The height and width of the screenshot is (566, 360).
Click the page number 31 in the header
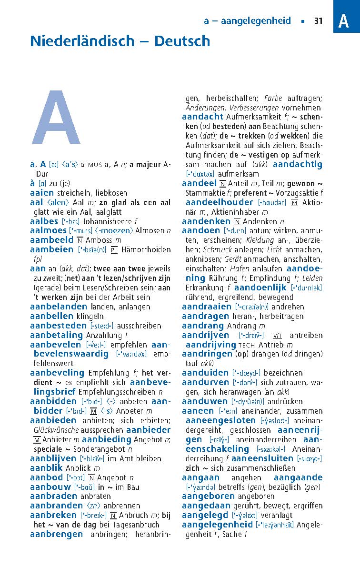point(319,21)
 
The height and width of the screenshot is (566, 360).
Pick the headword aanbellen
point(52,316)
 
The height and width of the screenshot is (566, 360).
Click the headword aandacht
point(202,117)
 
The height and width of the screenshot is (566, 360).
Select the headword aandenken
point(206,221)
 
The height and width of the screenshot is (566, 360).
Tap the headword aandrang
point(203,326)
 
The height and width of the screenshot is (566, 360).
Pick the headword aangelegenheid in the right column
point(217,525)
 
